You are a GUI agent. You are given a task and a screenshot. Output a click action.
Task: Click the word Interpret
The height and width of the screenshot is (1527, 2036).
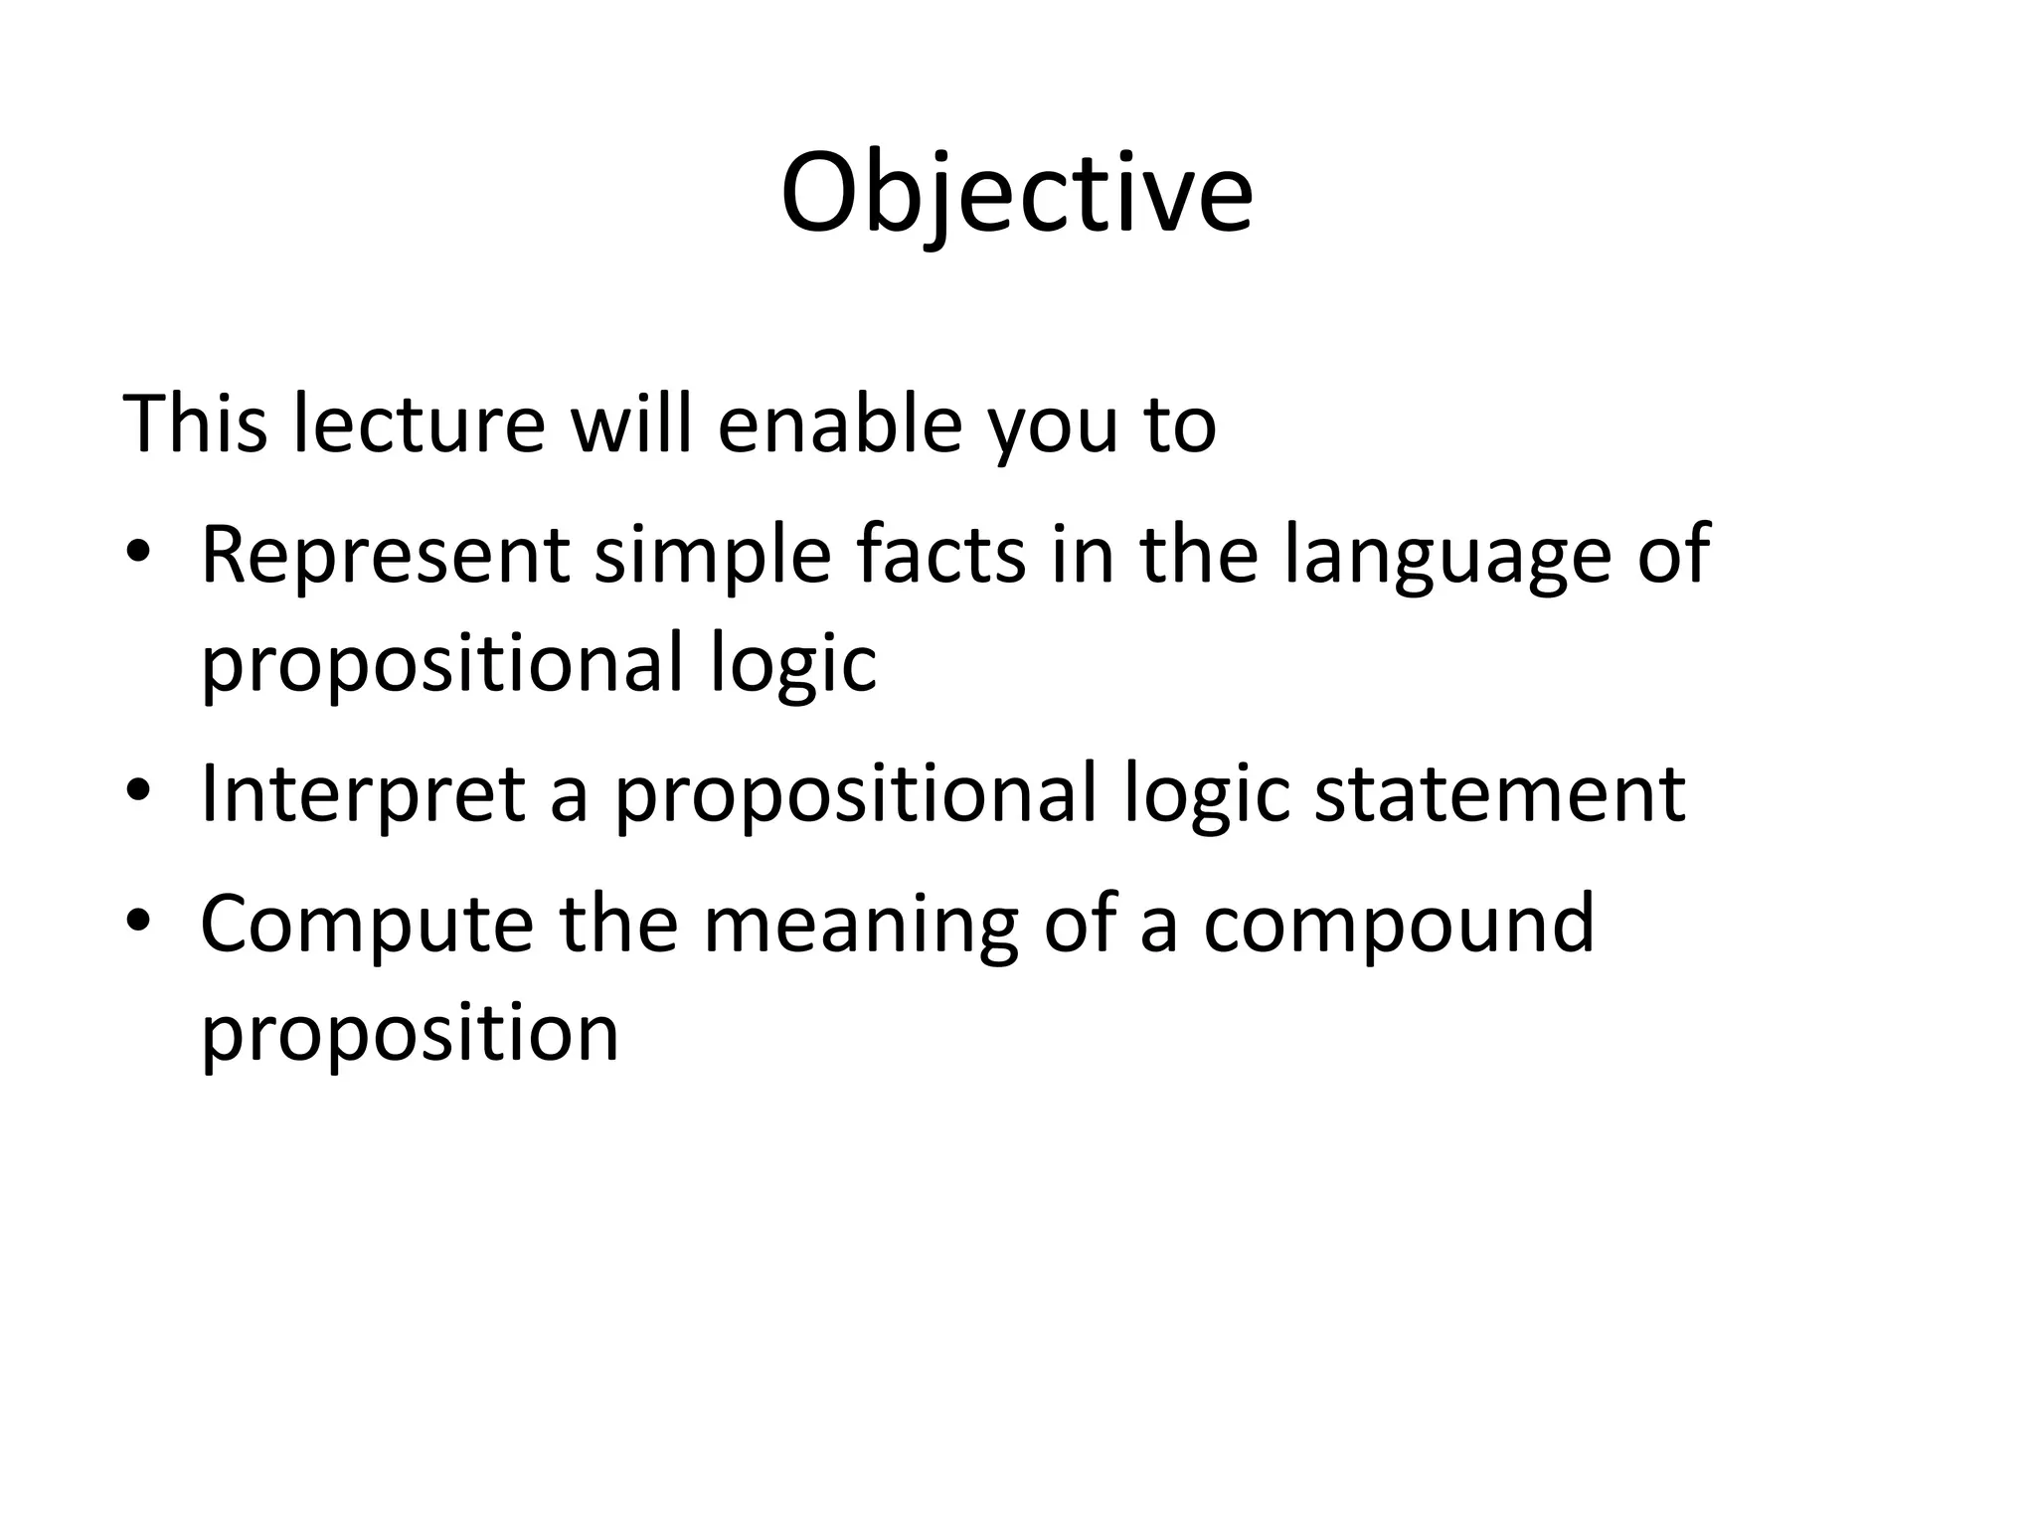362,794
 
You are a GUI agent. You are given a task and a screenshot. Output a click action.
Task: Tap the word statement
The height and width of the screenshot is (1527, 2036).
1499,794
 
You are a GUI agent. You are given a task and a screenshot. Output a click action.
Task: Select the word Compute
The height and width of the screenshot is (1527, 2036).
366,925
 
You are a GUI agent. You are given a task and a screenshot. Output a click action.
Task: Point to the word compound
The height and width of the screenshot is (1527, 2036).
1399,925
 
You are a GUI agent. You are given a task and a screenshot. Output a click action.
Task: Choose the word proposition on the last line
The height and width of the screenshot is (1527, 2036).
410,1034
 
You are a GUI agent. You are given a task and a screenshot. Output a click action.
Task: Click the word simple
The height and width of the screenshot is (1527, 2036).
712,557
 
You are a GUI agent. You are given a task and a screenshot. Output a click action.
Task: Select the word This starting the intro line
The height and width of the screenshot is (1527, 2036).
195,424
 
